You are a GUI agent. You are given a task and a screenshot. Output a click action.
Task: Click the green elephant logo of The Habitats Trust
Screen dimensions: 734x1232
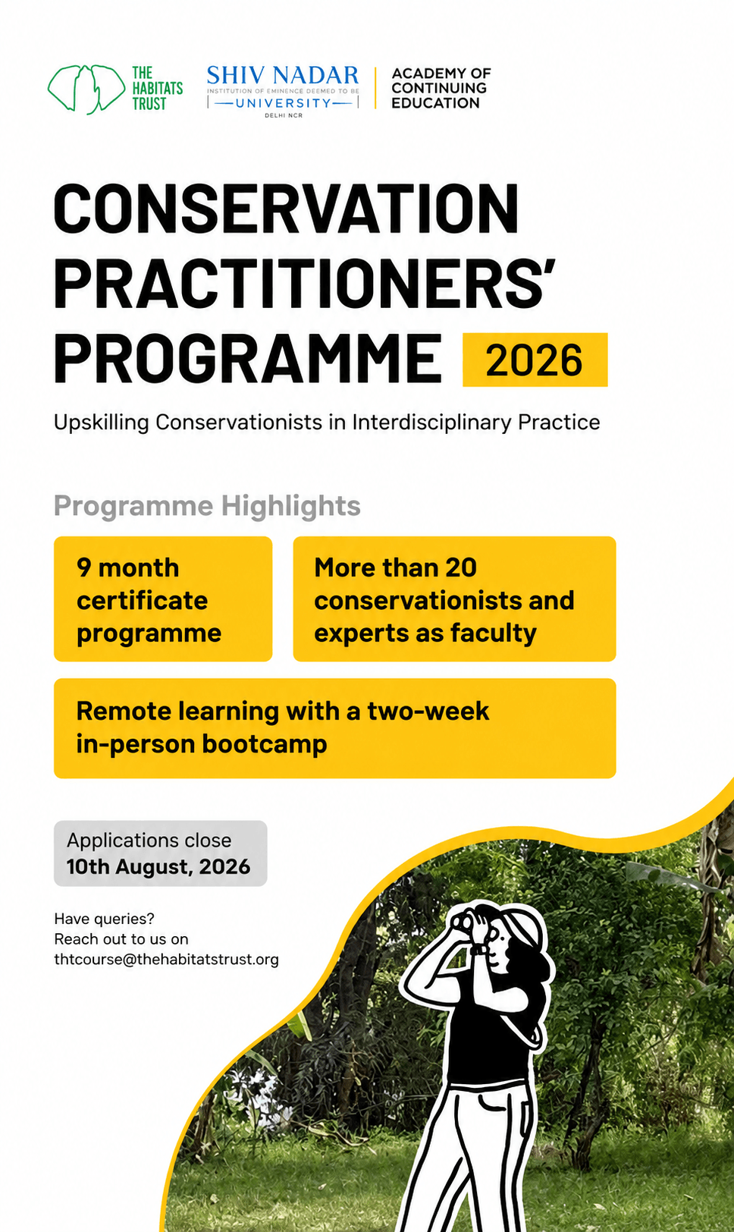(x=86, y=89)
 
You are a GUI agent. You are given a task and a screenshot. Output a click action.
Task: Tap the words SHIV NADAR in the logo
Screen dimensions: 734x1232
(x=283, y=75)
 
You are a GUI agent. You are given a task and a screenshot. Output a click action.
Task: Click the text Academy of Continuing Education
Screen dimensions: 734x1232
(x=441, y=88)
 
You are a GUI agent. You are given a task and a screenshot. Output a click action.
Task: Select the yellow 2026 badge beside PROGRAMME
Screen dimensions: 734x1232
(x=535, y=360)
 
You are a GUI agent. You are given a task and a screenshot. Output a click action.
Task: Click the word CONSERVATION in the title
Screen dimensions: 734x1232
(x=286, y=209)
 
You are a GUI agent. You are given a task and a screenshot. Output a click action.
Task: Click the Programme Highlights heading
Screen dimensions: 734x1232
(x=207, y=505)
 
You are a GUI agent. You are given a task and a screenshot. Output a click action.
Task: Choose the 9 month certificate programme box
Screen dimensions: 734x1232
(x=163, y=599)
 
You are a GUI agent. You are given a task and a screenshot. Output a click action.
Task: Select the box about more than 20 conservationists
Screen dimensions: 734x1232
(x=454, y=599)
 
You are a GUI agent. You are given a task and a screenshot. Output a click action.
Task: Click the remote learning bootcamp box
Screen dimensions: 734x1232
(x=335, y=728)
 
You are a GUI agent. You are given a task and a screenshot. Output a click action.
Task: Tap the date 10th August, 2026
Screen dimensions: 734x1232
(x=158, y=867)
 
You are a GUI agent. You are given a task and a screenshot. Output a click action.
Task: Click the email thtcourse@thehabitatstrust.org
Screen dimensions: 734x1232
(x=166, y=959)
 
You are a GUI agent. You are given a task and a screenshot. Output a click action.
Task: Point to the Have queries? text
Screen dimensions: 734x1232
(x=104, y=919)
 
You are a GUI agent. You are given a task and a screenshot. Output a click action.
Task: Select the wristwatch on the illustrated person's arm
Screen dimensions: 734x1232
(x=479, y=950)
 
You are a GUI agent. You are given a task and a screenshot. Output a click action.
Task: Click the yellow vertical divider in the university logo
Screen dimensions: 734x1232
(x=375, y=88)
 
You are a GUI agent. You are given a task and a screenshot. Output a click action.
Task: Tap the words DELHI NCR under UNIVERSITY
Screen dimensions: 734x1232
(x=283, y=115)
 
